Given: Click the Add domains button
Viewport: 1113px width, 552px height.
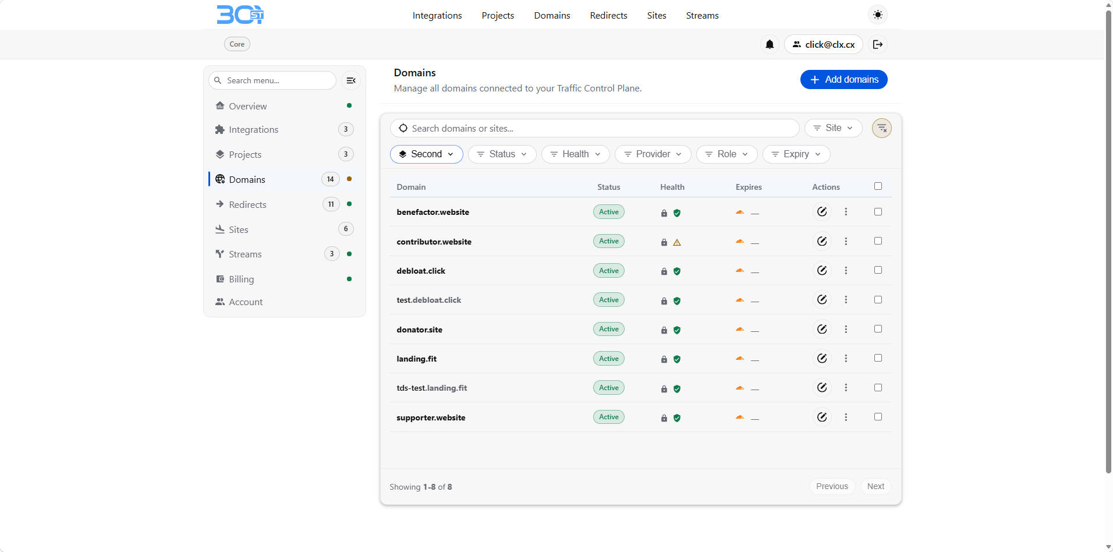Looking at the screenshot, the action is tap(843, 80).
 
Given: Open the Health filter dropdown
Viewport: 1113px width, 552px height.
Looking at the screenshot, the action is tap(575, 154).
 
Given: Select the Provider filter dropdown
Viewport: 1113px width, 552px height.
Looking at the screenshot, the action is tap(653, 154).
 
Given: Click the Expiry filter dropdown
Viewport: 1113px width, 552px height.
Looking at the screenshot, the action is tap(796, 154).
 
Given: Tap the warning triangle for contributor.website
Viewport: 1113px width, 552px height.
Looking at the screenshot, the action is tap(677, 242).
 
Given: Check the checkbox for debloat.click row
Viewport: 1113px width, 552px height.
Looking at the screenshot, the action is tap(878, 270).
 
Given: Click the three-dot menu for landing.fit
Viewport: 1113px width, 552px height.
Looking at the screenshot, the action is tap(846, 359).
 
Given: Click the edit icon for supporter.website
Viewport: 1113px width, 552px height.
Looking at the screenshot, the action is tap(822, 417).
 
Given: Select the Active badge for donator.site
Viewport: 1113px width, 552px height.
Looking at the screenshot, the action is tap(609, 329).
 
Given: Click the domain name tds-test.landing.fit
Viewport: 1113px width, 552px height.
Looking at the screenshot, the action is tap(431, 388).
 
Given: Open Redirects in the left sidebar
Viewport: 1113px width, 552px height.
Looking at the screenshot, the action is tap(247, 204).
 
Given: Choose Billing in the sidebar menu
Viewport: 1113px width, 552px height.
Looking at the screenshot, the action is tap(241, 279).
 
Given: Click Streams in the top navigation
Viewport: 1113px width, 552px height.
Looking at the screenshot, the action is tap(702, 16).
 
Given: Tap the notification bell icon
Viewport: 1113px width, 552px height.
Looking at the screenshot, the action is tap(770, 44).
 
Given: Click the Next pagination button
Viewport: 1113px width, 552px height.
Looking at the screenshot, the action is tap(875, 486).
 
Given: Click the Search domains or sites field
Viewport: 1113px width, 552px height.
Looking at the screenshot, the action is tap(594, 128).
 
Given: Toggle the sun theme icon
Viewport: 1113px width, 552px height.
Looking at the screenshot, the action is tap(878, 15).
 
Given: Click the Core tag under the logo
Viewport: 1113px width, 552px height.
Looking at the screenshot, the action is tap(237, 44).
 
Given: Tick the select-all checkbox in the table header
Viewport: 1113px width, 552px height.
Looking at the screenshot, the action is tap(878, 186).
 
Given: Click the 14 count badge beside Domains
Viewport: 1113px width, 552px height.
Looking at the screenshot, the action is tap(330, 179).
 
